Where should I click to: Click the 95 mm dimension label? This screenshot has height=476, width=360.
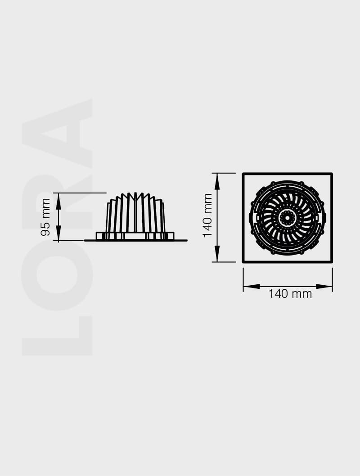(x=45, y=217)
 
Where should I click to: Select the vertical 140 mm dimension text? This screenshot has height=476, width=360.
(x=207, y=215)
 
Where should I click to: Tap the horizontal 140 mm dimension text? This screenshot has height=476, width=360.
(x=290, y=294)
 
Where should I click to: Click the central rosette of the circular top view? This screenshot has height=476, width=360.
(x=287, y=218)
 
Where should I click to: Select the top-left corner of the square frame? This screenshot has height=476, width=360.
(x=243, y=174)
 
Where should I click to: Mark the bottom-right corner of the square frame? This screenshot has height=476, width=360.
(x=331, y=261)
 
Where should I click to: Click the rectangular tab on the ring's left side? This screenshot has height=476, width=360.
(x=251, y=218)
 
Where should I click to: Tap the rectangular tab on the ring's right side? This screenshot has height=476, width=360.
(x=324, y=218)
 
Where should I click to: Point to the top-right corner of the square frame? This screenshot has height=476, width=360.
(x=331, y=174)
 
